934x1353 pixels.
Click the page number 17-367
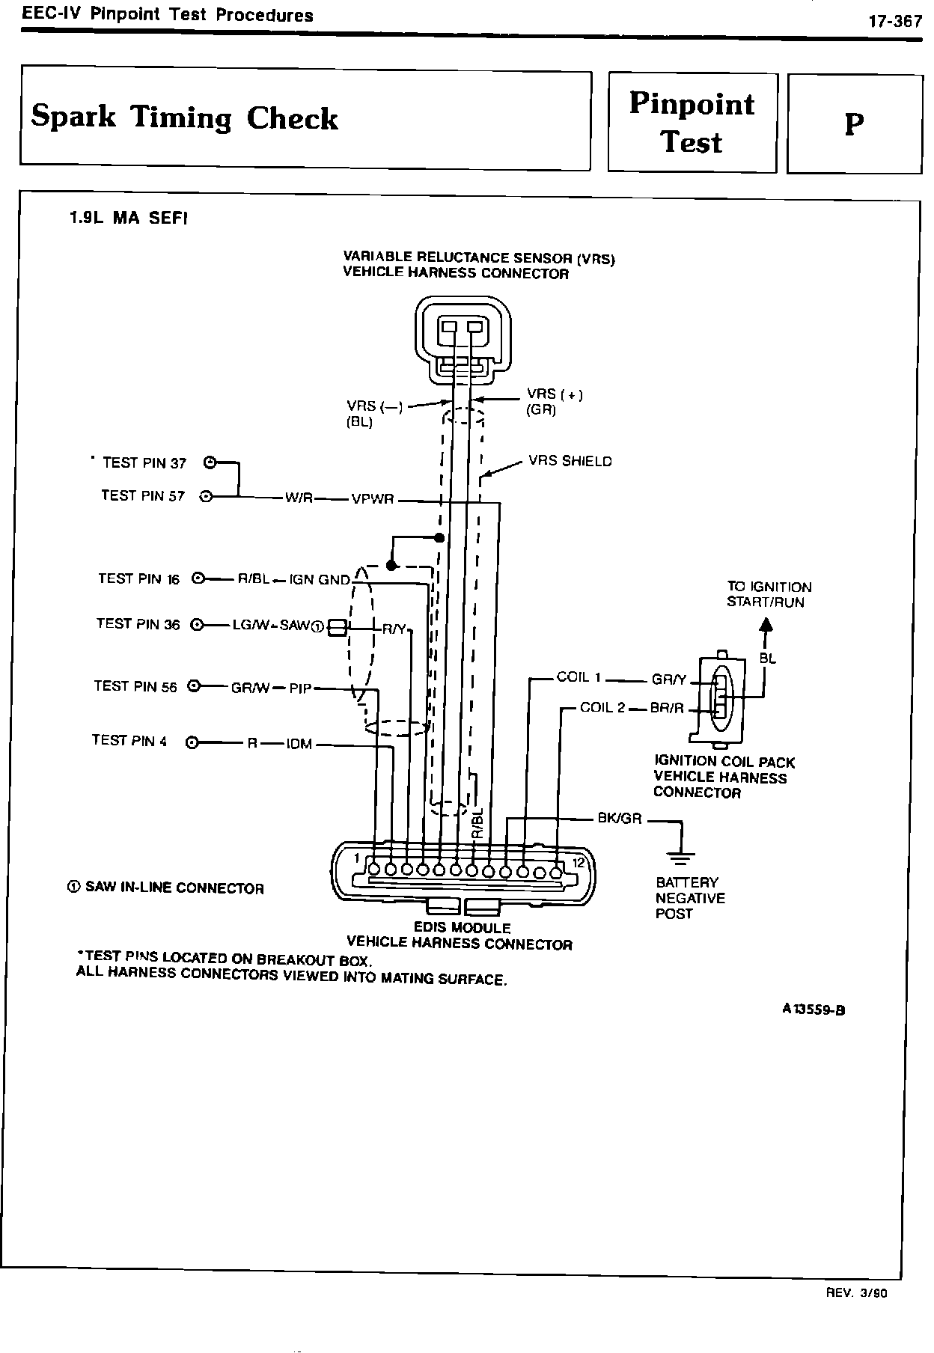click(x=894, y=22)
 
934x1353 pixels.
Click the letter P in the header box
click(x=854, y=124)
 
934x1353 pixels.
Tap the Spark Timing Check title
click(x=185, y=118)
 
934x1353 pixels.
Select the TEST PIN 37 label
click(x=144, y=463)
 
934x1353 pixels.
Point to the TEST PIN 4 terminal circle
click(x=192, y=742)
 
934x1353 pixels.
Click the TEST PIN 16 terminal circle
click(x=198, y=578)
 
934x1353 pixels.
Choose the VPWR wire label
click(x=372, y=499)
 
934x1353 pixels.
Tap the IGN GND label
click(x=320, y=580)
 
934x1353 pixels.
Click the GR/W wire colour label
click(x=250, y=688)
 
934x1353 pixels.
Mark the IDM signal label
click(x=299, y=745)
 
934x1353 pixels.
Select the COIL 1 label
click(x=579, y=677)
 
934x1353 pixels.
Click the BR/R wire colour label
click(x=668, y=708)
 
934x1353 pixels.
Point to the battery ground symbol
click(x=681, y=854)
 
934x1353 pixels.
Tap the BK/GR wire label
click(x=619, y=819)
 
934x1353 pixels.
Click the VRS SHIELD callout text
click(x=570, y=461)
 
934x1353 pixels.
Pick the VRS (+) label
click(x=554, y=394)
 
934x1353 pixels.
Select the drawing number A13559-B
click(x=814, y=1009)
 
